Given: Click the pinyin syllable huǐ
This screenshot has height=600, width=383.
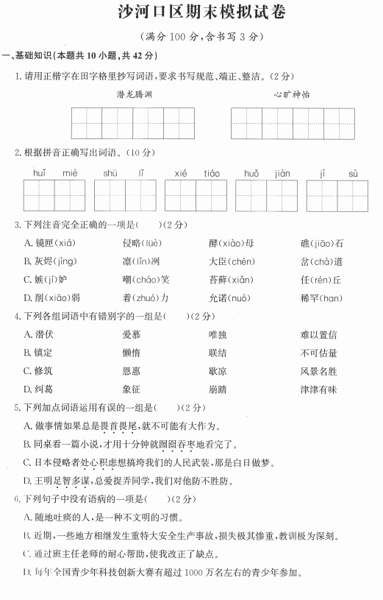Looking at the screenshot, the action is [x=39, y=173].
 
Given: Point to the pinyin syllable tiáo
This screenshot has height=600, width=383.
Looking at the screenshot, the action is [x=212, y=173].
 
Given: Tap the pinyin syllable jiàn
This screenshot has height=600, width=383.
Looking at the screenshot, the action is [x=282, y=173].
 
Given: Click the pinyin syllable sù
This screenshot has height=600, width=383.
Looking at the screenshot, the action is [x=353, y=173].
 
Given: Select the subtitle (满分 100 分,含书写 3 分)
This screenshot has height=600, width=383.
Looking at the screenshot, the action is [x=191, y=36].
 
